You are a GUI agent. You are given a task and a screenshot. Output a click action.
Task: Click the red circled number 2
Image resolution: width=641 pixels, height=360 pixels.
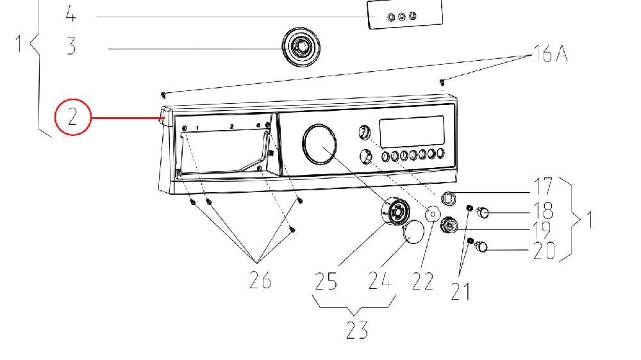click(72, 117)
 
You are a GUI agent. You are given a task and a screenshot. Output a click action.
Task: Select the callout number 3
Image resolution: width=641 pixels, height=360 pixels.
click(71, 46)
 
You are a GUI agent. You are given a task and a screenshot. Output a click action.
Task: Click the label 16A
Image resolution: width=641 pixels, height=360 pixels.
click(550, 53)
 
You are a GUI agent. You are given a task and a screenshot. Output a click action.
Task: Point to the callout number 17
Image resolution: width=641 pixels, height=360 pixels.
click(544, 187)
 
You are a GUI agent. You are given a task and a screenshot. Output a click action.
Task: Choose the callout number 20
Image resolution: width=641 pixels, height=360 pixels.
click(544, 250)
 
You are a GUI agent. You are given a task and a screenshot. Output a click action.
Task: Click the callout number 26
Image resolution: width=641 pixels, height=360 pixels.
click(260, 280)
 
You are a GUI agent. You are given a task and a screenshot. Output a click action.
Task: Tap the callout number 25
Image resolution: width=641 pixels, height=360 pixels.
click(326, 281)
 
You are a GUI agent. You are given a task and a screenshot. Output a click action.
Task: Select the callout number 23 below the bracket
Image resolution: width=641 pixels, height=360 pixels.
click(356, 330)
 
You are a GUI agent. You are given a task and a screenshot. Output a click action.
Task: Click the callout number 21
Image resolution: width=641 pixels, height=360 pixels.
click(460, 291)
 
